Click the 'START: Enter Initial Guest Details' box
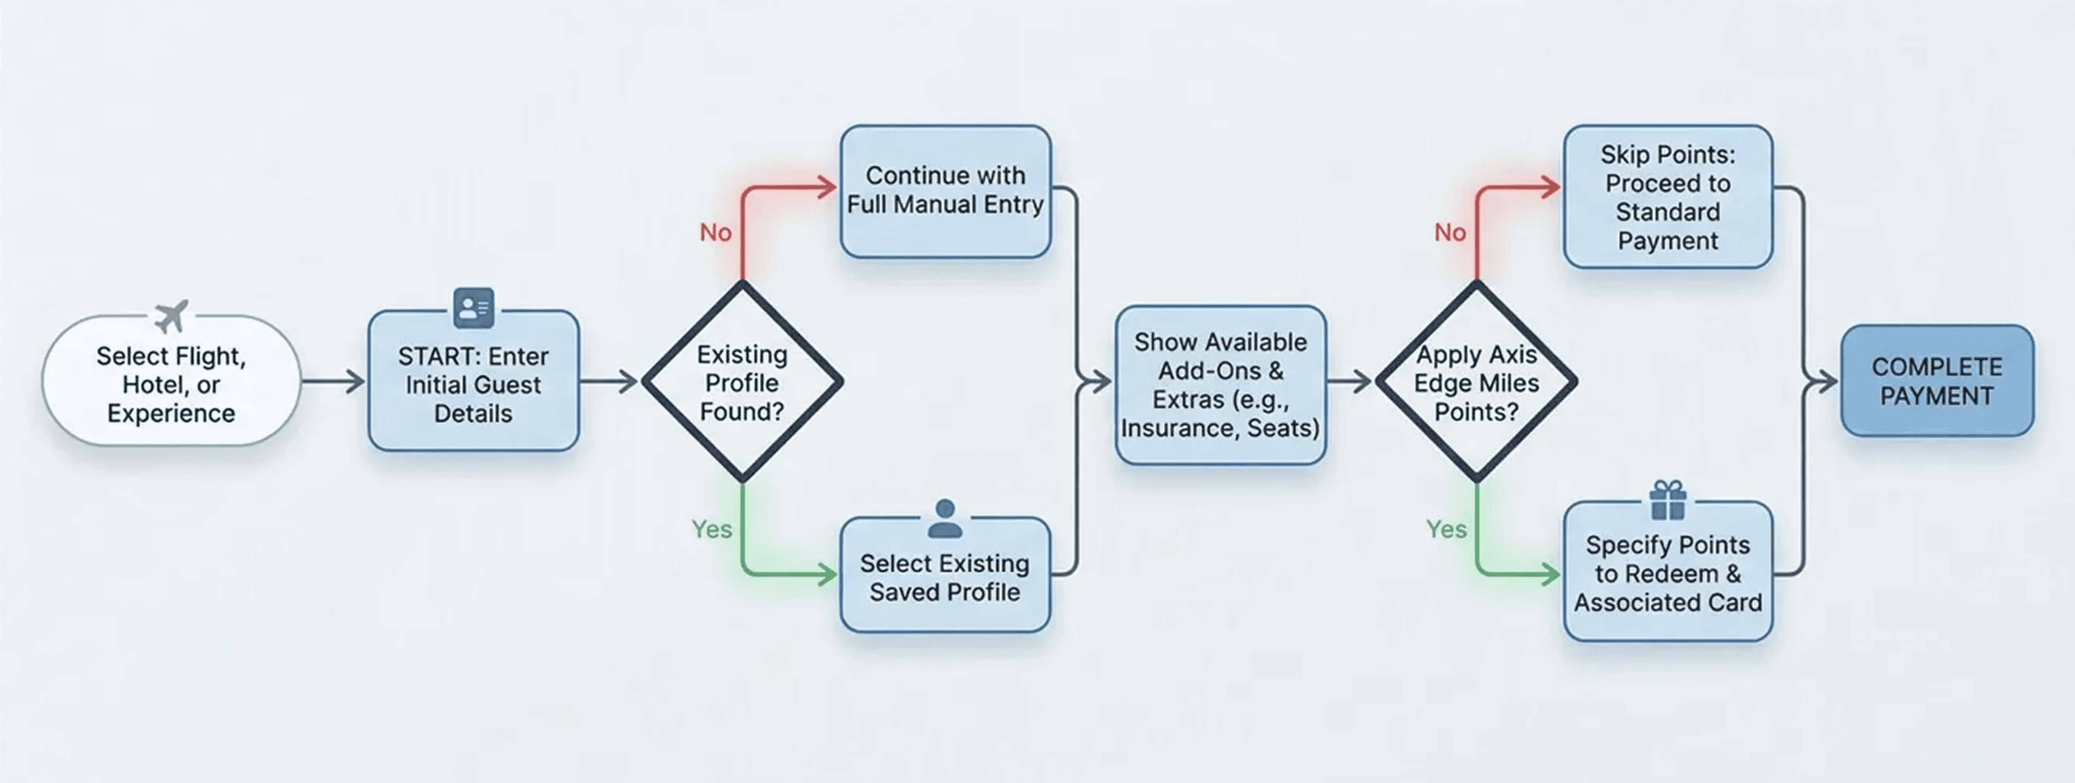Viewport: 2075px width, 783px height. (x=474, y=384)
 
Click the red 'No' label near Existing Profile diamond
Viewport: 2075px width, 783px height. (x=715, y=233)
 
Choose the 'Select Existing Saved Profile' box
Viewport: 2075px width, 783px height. (x=945, y=577)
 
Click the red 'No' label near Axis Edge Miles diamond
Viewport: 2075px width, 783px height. (x=1450, y=233)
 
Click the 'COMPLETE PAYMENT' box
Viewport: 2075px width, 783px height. (x=1937, y=381)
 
